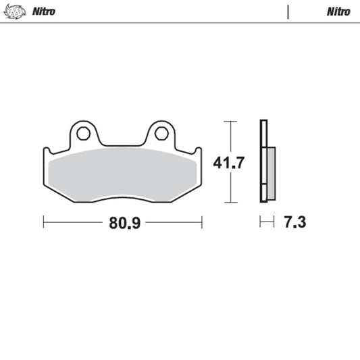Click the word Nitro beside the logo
[44, 11]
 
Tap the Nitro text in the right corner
[338, 11]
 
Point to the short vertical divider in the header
[288, 11]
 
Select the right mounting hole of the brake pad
[161, 133]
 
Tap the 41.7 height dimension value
[230, 163]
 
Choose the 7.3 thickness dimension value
[295, 222]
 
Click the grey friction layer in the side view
[271, 174]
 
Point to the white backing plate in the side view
[263, 162]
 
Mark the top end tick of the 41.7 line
[230, 122]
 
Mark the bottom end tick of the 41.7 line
[230, 203]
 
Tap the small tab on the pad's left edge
[47, 152]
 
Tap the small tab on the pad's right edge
[197, 152]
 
